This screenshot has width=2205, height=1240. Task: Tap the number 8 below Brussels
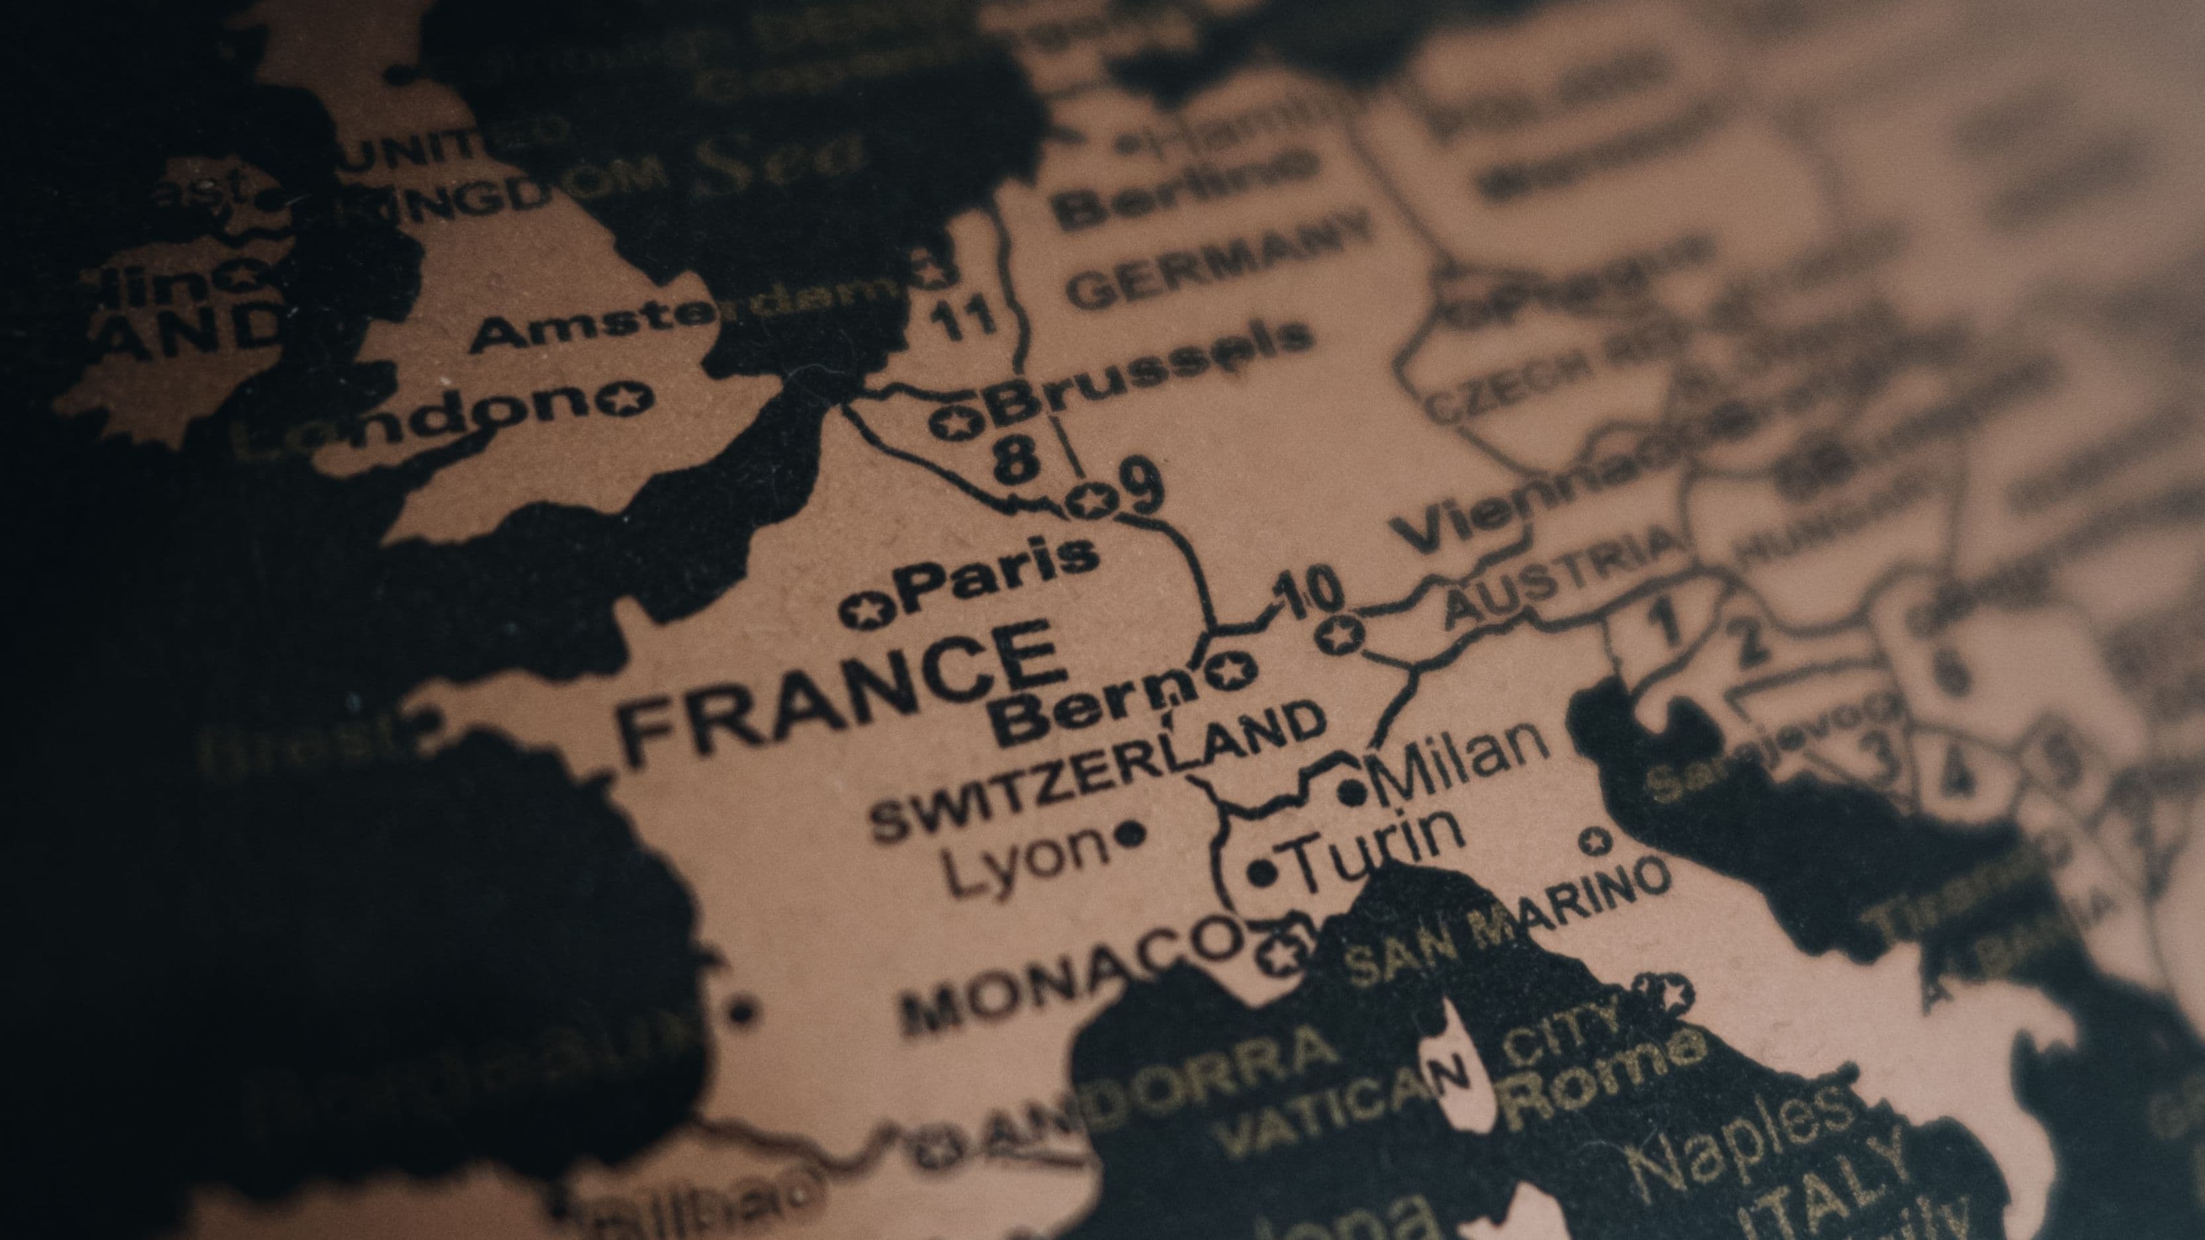(x=1018, y=463)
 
